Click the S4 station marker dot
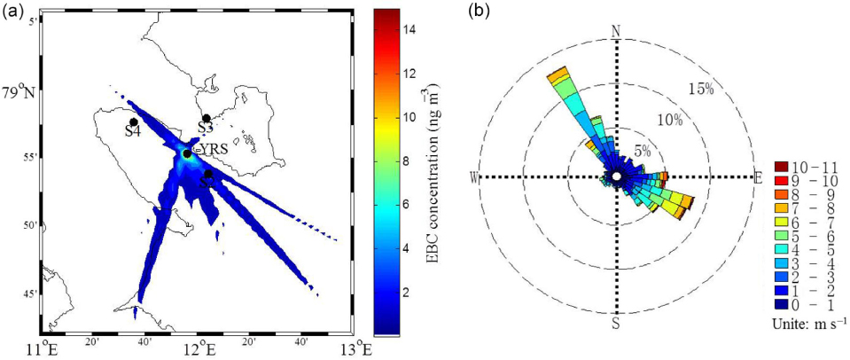click(133, 121)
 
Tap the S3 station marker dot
click(207, 118)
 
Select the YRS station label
click(213, 148)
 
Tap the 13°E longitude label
click(356, 348)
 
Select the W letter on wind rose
click(476, 177)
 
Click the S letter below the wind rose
click(616, 323)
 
